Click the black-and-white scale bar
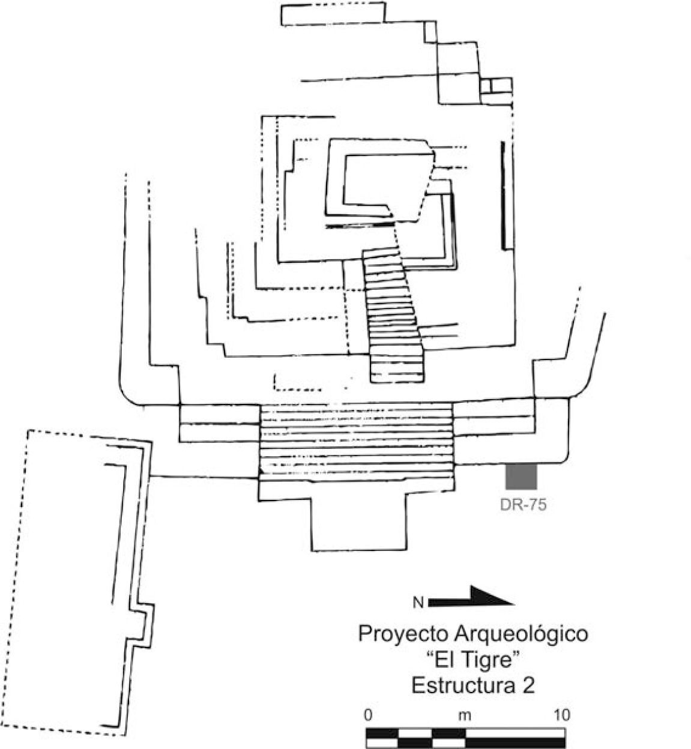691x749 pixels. [465, 737]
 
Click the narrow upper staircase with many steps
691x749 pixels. [394, 315]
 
